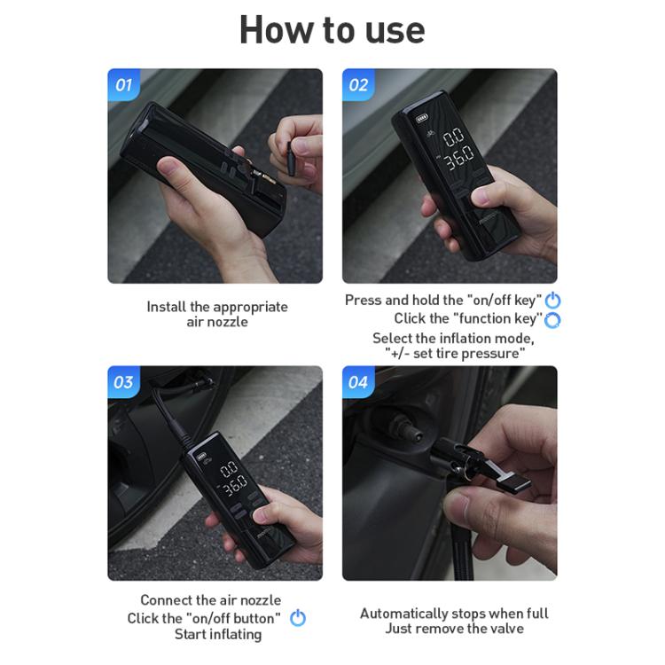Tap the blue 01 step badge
pyautogui.click(x=124, y=85)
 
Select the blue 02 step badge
pyautogui.click(x=358, y=85)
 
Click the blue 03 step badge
pyautogui.click(x=124, y=382)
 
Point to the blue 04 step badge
pyautogui.click(x=358, y=382)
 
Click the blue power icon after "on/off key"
pyautogui.click(x=552, y=301)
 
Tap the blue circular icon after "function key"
pyautogui.click(x=552, y=319)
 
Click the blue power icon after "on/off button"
pyautogui.click(x=298, y=618)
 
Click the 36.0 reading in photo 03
pyautogui.click(x=234, y=486)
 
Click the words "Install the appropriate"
pyautogui.click(x=217, y=307)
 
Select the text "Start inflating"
pyautogui.click(x=217, y=634)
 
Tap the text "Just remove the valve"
pyautogui.click(x=454, y=629)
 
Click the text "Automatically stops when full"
pyautogui.click(x=454, y=613)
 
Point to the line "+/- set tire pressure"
pyautogui.click(x=455, y=353)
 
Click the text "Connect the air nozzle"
pyautogui.click(x=210, y=600)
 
